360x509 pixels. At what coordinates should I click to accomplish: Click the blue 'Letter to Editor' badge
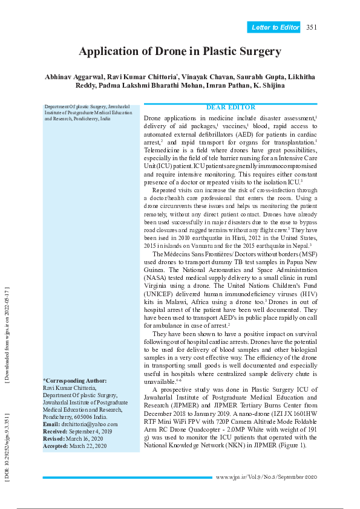[275, 27]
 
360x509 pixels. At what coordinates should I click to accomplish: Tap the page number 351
[312, 27]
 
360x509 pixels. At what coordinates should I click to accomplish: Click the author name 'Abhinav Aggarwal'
[74, 77]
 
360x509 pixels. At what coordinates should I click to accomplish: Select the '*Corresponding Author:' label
[74, 380]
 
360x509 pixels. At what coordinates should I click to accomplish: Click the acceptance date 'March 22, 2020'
[88, 446]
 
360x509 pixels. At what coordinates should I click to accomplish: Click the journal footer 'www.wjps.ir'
[229, 478]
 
